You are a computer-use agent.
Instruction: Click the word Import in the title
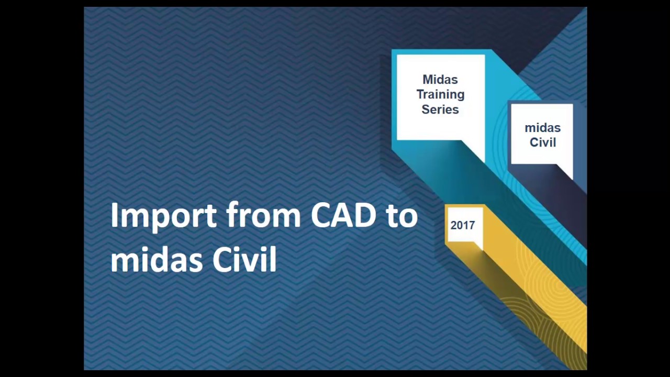(x=163, y=216)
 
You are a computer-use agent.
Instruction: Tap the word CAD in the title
(x=343, y=215)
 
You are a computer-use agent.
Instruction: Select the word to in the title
(x=402, y=216)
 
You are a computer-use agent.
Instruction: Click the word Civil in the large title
(x=244, y=259)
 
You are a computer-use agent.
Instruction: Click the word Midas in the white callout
(x=440, y=80)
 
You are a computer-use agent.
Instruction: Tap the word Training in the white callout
(x=440, y=95)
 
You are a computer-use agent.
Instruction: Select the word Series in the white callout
(x=440, y=109)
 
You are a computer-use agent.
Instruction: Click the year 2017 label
(x=462, y=225)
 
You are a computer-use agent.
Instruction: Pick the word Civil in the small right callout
(x=542, y=142)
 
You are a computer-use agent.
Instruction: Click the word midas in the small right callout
(x=542, y=128)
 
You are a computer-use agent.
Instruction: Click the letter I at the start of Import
(x=114, y=215)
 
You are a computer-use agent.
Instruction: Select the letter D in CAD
(x=365, y=215)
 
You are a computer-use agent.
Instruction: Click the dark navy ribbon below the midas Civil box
(x=565, y=204)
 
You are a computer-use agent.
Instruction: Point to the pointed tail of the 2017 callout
(x=477, y=245)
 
